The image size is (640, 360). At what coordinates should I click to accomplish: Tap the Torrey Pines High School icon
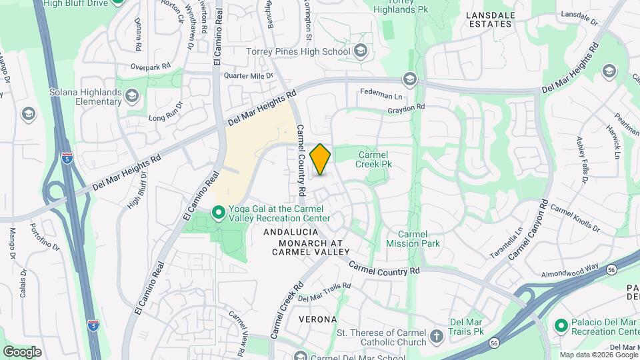click(361, 51)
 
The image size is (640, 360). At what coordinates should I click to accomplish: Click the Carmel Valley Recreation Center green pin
click(218, 213)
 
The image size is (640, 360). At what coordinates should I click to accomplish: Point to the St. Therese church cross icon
click(436, 337)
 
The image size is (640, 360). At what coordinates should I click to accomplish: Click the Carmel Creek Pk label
click(372, 159)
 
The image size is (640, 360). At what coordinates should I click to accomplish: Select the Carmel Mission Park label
click(413, 239)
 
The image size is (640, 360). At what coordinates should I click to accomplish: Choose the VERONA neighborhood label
click(317, 319)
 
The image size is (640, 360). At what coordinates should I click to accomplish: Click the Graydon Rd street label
click(406, 107)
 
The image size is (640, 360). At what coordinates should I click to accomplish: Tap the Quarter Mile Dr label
click(249, 76)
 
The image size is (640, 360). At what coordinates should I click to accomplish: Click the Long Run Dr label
click(165, 118)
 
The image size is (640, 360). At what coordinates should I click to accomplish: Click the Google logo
click(22, 351)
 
